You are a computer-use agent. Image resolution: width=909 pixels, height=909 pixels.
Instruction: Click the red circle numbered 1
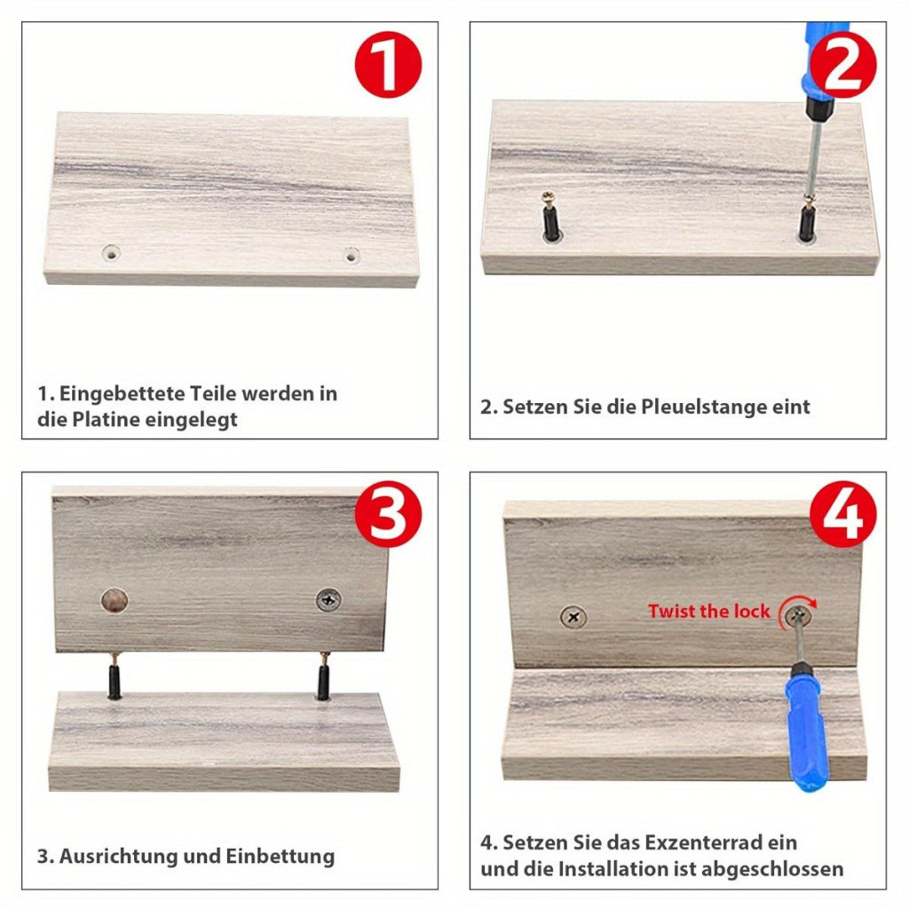coord(388,64)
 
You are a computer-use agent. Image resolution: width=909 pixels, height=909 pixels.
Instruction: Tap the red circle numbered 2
coord(842,64)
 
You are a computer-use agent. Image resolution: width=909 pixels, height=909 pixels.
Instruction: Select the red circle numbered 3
coord(388,514)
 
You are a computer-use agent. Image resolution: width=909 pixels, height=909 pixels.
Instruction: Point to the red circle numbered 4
coord(842,514)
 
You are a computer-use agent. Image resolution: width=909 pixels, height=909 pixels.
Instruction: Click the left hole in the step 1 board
coord(111,253)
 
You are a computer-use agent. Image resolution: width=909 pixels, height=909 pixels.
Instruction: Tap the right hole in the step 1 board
coord(352,255)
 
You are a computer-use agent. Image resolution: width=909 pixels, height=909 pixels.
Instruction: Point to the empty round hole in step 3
coord(115,601)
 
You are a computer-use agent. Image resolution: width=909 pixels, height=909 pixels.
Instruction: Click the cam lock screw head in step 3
coord(328,600)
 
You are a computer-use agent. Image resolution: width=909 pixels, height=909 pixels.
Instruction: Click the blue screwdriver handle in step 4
coord(806,728)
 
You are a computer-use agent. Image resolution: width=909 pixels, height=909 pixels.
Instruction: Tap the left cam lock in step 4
coord(573,618)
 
